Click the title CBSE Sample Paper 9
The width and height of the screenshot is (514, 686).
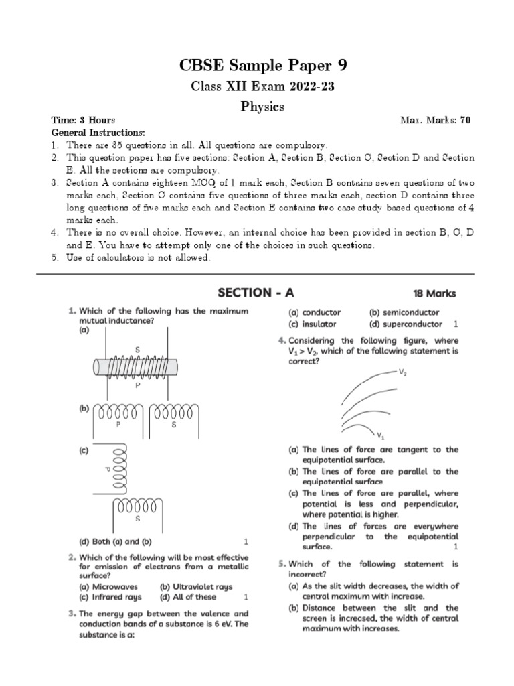263,66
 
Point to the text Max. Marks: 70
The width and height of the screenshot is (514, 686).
435,121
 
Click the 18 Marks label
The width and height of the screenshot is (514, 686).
437,293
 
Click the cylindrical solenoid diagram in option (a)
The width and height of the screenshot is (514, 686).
137,368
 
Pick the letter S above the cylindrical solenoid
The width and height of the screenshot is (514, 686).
137,350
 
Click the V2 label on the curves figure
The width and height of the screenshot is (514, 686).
403,372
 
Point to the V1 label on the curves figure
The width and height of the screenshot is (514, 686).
380,433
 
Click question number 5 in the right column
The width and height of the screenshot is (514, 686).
282,564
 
